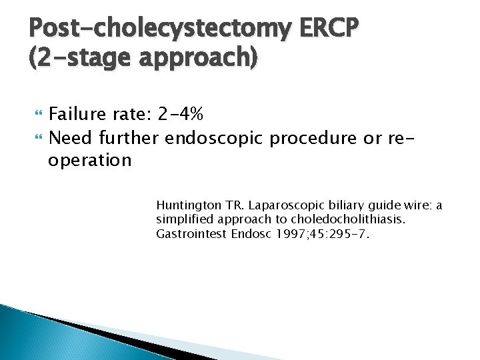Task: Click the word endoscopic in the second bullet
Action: pos(215,138)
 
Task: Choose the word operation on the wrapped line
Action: pos(90,160)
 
